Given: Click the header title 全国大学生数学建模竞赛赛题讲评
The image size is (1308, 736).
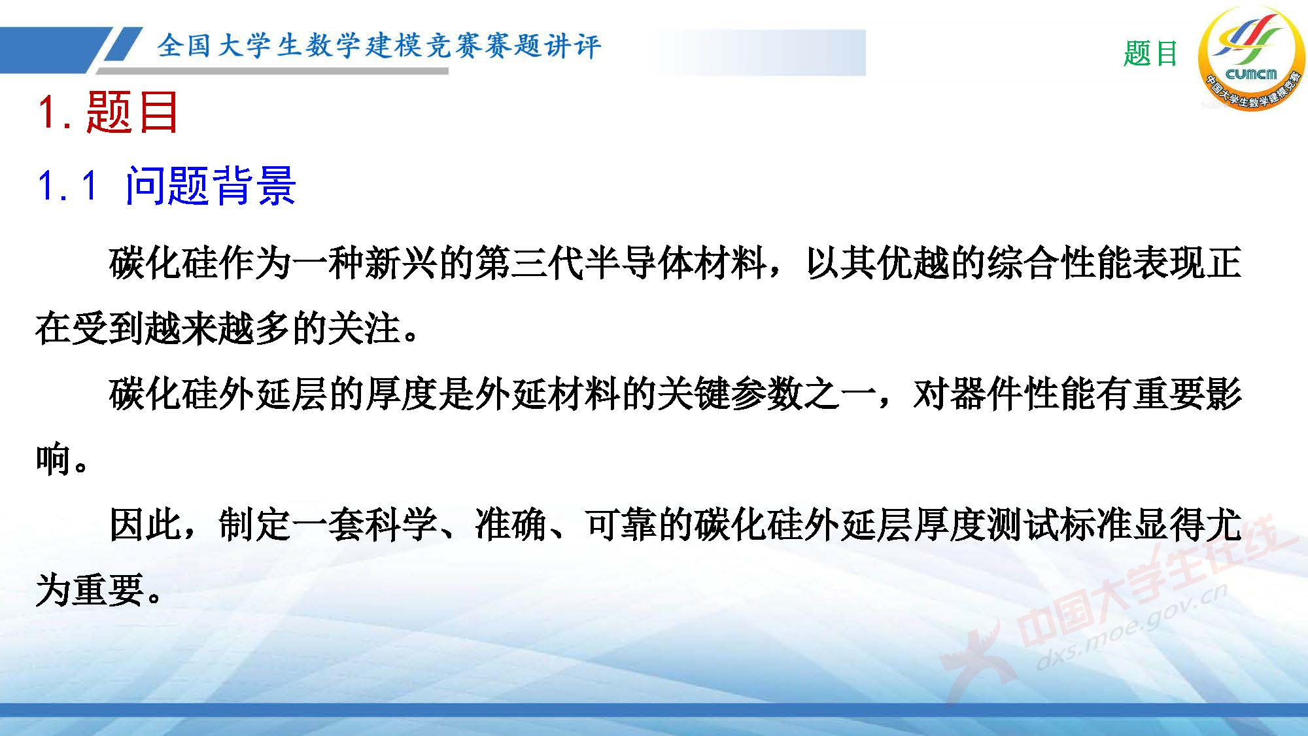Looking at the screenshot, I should (379, 46).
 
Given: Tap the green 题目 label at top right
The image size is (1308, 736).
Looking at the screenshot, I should (1150, 54).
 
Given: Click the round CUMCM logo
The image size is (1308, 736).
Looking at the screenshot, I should (1250, 59).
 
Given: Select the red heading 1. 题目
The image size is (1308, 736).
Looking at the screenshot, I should (109, 113).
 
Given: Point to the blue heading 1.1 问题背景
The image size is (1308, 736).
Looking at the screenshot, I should (167, 186).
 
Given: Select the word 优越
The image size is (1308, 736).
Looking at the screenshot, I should (916, 263).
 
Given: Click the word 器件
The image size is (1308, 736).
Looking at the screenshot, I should (988, 394).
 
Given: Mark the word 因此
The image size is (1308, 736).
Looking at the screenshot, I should (145, 525).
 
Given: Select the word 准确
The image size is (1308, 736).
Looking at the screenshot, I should (510, 525).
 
